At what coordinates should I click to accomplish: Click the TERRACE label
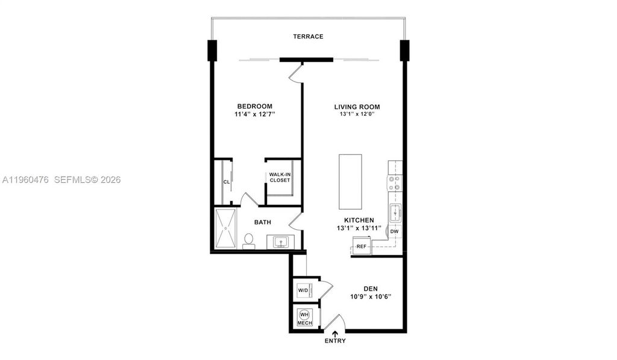[x=308, y=36]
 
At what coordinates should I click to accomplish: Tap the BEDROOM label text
[x=254, y=106]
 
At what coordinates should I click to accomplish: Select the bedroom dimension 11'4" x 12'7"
[x=254, y=114]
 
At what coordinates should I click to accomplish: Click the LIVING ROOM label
[x=357, y=107]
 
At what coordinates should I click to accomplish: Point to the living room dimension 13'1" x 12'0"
[x=357, y=114]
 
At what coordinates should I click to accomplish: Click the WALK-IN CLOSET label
[x=280, y=177]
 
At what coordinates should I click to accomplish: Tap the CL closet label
[x=227, y=181]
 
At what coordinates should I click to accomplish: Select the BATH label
[x=262, y=223]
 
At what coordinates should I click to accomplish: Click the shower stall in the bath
[x=227, y=229]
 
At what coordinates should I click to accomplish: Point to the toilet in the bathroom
[x=248, y=240]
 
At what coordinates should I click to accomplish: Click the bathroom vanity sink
[x=280, y=242]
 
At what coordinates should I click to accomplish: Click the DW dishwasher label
[x=394, y=231]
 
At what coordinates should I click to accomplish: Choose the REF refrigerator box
[x=362, y=246]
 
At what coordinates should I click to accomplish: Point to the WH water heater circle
[x=304, y=315]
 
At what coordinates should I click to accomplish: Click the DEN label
[x=371, y=288]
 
